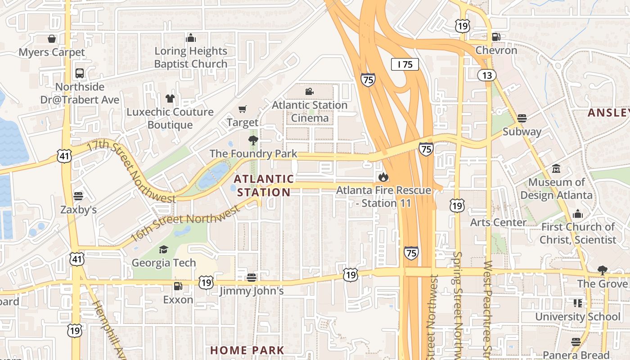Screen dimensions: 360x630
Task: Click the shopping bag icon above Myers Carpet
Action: pos(52,39)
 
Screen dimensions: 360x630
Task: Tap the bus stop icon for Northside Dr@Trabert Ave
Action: pos(80,73)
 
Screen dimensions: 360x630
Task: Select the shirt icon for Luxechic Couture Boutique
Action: pos(170,98)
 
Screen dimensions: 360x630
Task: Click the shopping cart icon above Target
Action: pos(243,109)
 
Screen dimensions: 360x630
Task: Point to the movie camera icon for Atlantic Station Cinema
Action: pos(309,92)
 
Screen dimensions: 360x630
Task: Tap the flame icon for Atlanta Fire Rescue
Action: pos(383,177)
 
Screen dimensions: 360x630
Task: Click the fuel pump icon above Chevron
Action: pos(496,37)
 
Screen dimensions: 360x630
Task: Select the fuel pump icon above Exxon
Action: pos(178,286)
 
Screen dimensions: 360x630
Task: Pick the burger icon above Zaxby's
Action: pos(78,196)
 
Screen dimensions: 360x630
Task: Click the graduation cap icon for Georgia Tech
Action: pos(163,249)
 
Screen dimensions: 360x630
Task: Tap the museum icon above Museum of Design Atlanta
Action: pos(556,169)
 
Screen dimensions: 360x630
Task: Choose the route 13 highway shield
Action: pos(487,75)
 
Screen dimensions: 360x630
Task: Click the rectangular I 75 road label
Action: pos(405,64)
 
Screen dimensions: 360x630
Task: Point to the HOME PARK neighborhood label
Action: pos(247,350)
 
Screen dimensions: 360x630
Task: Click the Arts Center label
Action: pos(498,222)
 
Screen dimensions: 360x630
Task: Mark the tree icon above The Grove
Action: pos(602,270)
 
